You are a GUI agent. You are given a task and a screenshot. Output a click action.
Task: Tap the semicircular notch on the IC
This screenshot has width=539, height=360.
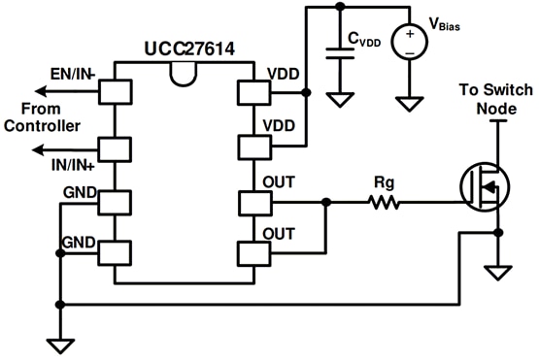click(x=184, y=71)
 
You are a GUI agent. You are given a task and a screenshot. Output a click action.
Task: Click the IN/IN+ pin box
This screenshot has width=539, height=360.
click(x=116, y=149)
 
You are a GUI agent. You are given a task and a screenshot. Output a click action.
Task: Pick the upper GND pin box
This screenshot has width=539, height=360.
click(x=116, y=203)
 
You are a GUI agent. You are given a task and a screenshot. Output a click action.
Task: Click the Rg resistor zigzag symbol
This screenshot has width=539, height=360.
click(x=383, y=203)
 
